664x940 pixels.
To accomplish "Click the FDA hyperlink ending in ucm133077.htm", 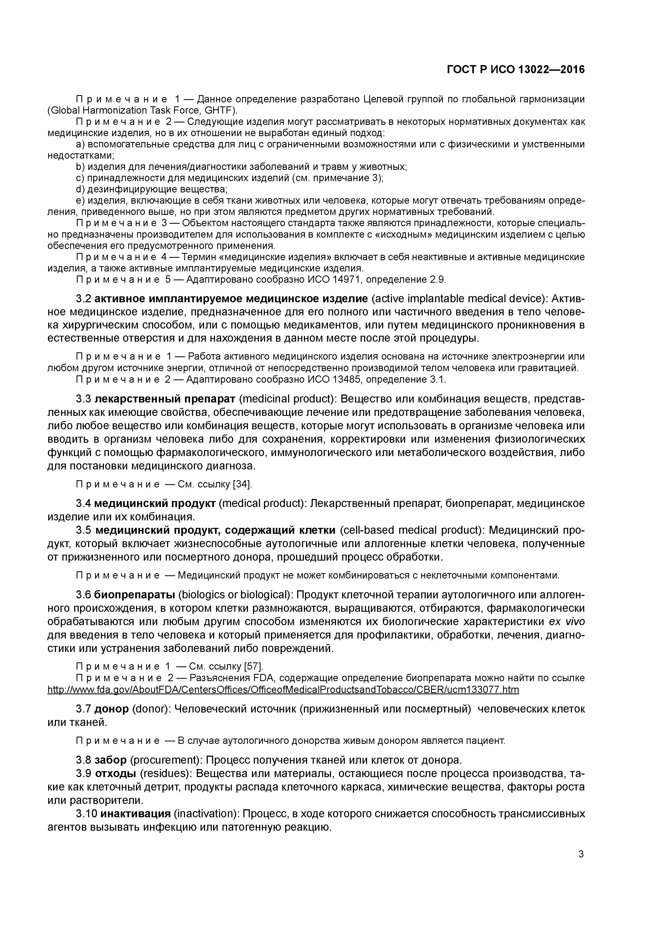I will [283, 690].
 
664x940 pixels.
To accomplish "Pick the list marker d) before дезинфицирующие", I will [80, 189].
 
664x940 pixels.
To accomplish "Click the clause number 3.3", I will [84, 399].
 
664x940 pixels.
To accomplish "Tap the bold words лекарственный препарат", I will [165, 399].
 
